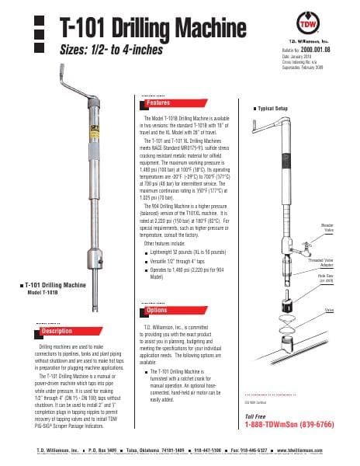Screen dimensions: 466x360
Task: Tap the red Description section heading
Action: (57, 331)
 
